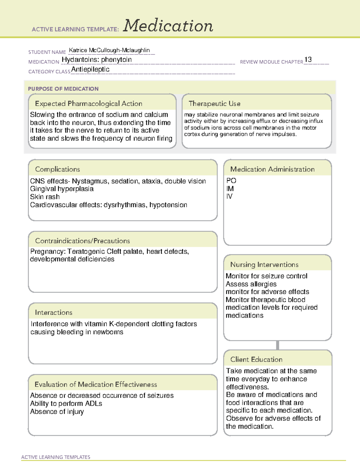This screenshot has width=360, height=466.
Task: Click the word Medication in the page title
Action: [x=168, y=26]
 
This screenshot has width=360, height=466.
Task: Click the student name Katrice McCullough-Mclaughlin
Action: [x=109, y=50]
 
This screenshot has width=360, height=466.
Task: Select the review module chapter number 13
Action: [x=308, y=59]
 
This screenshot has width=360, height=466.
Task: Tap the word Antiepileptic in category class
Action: [x=90, y=69]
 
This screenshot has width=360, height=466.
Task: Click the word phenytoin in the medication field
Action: [x=116, y=60]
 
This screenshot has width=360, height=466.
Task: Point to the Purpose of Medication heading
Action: [x=63, y=89]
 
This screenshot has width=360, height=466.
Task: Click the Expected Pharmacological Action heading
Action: [x=88, y=104]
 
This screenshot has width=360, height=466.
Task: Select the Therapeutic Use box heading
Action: [x=214, y=104]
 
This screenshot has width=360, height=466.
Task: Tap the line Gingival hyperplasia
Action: [x=62, y=189]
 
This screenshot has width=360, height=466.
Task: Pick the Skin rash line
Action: [x=45, y=197]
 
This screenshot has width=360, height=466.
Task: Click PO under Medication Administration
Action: [x=231, y=181]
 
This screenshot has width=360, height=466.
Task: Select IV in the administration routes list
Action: [x=229, y=197]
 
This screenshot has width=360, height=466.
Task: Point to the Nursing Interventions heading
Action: [x=264, y=265]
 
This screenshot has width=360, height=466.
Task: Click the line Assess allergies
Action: [x=251, y=284]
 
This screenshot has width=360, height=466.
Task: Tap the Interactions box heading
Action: [x=54, y=313]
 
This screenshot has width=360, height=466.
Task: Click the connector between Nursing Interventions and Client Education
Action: [x=277, y=345]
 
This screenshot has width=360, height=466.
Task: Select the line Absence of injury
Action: [x=57, y=412]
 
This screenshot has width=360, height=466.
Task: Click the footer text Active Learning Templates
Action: [x=56, y=457]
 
